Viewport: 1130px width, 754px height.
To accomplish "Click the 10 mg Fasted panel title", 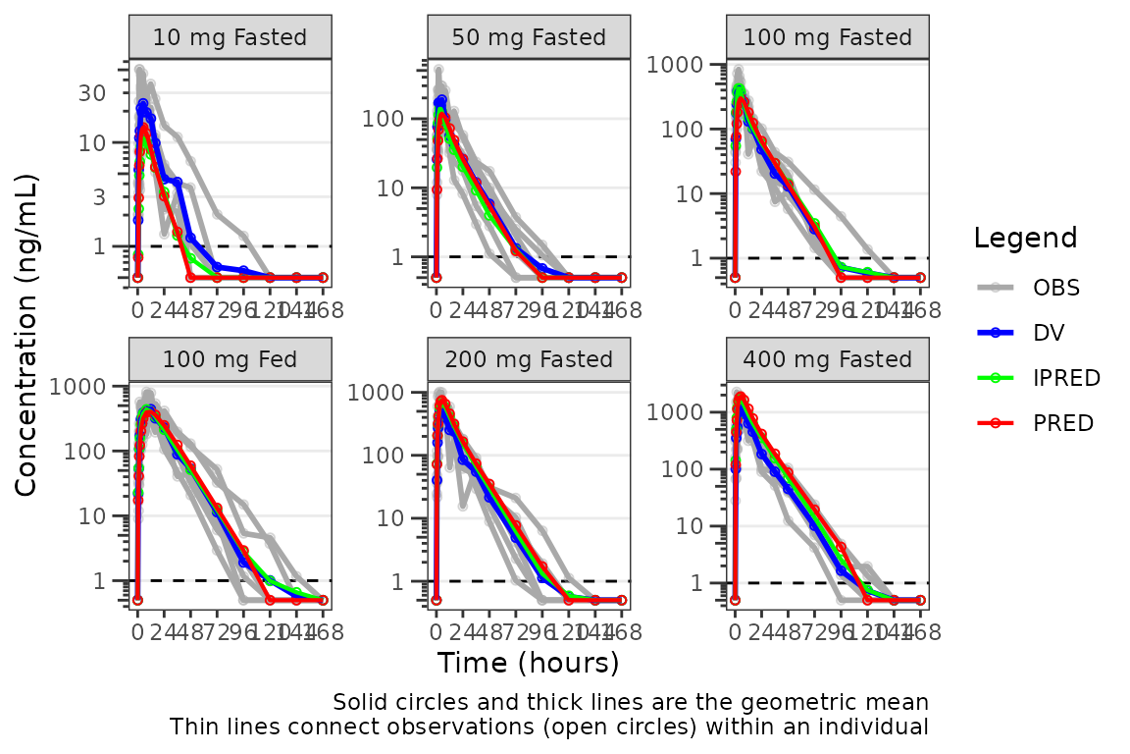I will point(230,38).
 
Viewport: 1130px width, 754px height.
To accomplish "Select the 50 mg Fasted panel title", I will point(529,38).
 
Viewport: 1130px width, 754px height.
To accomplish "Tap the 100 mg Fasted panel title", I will point(828,38).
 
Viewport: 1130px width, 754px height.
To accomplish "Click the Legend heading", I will point(1025,238).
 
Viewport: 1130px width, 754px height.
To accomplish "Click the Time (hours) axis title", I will point(528,663).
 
